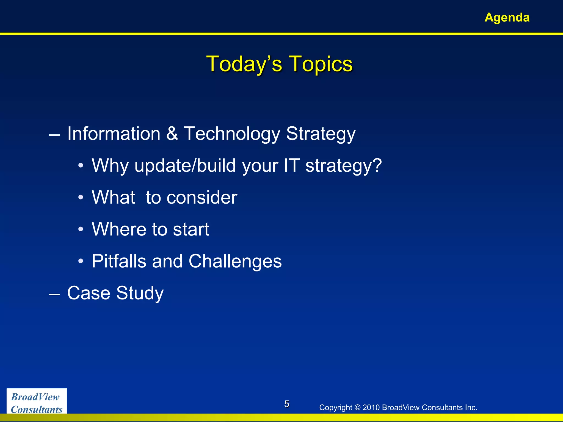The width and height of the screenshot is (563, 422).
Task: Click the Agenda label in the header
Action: (507, 18)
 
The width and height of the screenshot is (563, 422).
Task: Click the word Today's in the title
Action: (244, 64)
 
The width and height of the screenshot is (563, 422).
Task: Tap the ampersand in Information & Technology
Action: (172, 134)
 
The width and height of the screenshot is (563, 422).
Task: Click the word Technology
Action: (232, 134)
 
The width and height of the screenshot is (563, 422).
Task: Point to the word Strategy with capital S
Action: (321, 134)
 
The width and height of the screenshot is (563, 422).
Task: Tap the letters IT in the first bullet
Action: (291, 165)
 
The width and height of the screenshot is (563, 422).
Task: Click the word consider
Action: (202, 198)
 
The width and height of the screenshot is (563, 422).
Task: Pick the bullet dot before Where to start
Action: (81, 229)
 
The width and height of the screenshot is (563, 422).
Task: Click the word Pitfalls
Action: (118, 261)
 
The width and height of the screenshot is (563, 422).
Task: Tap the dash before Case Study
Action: (54, 294)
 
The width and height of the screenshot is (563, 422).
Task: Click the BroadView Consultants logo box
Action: (37, 401)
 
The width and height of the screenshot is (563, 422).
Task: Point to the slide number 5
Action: (286, 404)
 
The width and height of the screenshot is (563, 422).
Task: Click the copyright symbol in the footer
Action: (357, 407)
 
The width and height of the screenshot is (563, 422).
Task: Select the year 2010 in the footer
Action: (371, 407)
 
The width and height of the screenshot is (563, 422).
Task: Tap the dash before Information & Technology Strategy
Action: (54, 135)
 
